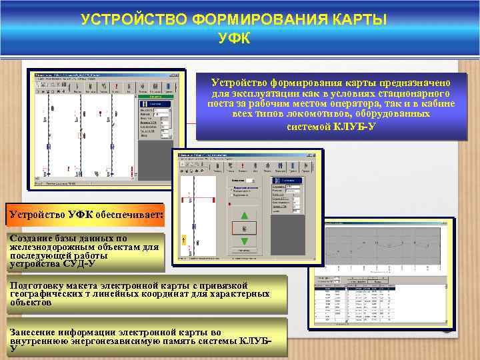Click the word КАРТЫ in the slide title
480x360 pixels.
(351, 19)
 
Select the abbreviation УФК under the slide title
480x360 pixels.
(234, 38)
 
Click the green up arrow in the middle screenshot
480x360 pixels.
(244, 215)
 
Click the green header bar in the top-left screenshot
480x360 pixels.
(153, 104)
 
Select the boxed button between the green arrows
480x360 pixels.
(244, 228)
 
